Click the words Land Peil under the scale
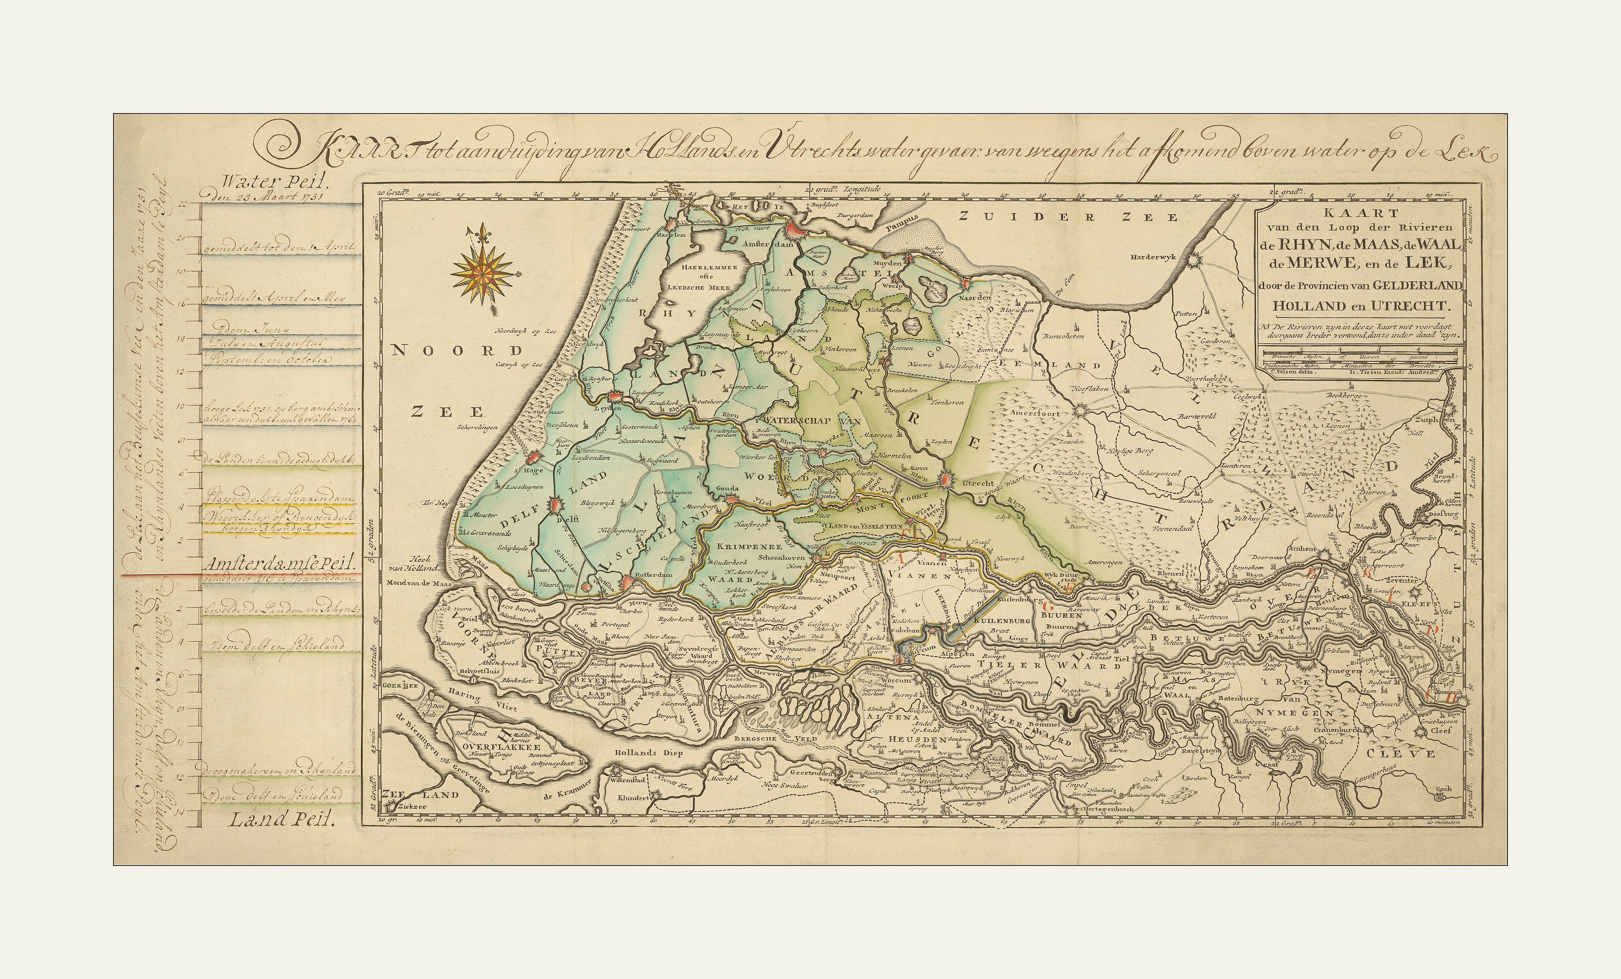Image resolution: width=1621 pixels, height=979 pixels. (x=282, y=820)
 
